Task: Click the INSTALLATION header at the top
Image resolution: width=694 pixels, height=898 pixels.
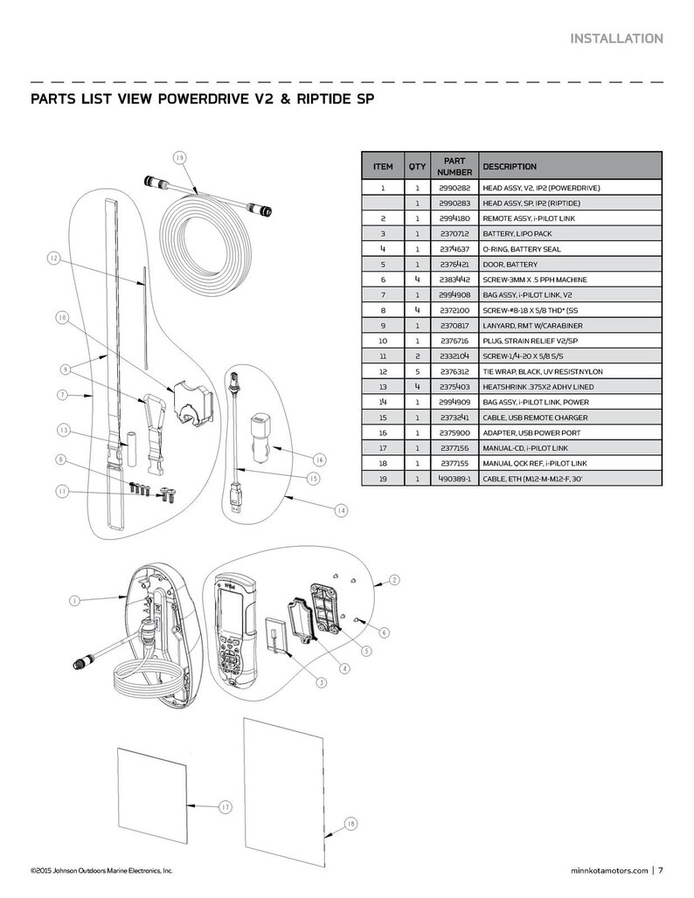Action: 615,38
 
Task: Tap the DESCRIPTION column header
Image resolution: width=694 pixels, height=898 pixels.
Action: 510,166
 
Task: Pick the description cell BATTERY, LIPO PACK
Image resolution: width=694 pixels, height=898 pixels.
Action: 519,234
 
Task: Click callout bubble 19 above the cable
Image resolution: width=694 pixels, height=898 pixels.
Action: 178,158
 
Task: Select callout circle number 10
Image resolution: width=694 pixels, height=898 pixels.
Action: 61,319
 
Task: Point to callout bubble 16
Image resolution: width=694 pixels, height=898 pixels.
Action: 319,459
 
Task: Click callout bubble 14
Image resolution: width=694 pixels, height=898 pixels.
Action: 341,510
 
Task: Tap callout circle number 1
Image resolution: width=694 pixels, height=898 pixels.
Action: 74,601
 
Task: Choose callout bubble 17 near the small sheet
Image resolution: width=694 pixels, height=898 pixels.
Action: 225,807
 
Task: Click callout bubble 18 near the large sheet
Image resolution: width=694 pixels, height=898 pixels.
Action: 351,824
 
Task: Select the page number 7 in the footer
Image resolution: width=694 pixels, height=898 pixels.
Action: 661,870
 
